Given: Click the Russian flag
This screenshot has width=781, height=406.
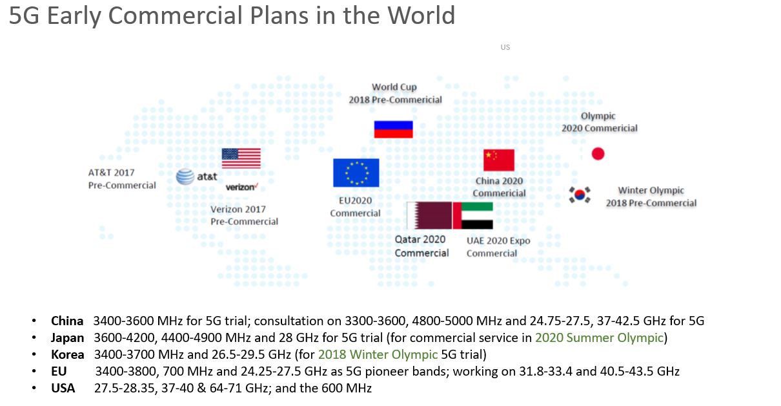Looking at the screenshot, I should click(393, 129).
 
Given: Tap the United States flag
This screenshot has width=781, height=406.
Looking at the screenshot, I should click(241, 158).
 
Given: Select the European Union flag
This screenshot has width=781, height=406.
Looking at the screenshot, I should click(356, 173).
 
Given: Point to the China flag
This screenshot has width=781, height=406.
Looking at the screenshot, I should click(499, 160).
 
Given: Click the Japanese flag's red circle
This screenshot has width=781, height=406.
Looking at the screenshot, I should click(598, 154).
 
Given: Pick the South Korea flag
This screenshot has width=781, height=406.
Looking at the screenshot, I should click(580, 194).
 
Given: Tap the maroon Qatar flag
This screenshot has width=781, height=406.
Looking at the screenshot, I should click(429, 215).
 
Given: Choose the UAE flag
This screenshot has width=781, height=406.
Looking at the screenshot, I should click(473, 215).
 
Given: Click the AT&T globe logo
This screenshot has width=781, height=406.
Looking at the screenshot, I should click(185, 176).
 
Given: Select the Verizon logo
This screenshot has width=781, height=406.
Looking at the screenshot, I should click(241, 187).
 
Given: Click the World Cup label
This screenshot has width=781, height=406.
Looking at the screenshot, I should click(394, 87).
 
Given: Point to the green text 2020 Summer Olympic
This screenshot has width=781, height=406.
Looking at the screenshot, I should click(599, 337).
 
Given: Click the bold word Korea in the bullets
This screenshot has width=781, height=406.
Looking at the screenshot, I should click(68, 354).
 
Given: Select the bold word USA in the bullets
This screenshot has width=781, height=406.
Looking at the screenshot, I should click(63, 388).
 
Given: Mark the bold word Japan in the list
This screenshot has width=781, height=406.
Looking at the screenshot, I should click(68, 337).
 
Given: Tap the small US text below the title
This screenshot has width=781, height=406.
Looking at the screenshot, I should click(505, 47).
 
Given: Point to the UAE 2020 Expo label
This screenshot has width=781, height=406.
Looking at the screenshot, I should click(498, 240).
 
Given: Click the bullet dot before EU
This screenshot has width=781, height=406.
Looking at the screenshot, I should click(34, 372).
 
